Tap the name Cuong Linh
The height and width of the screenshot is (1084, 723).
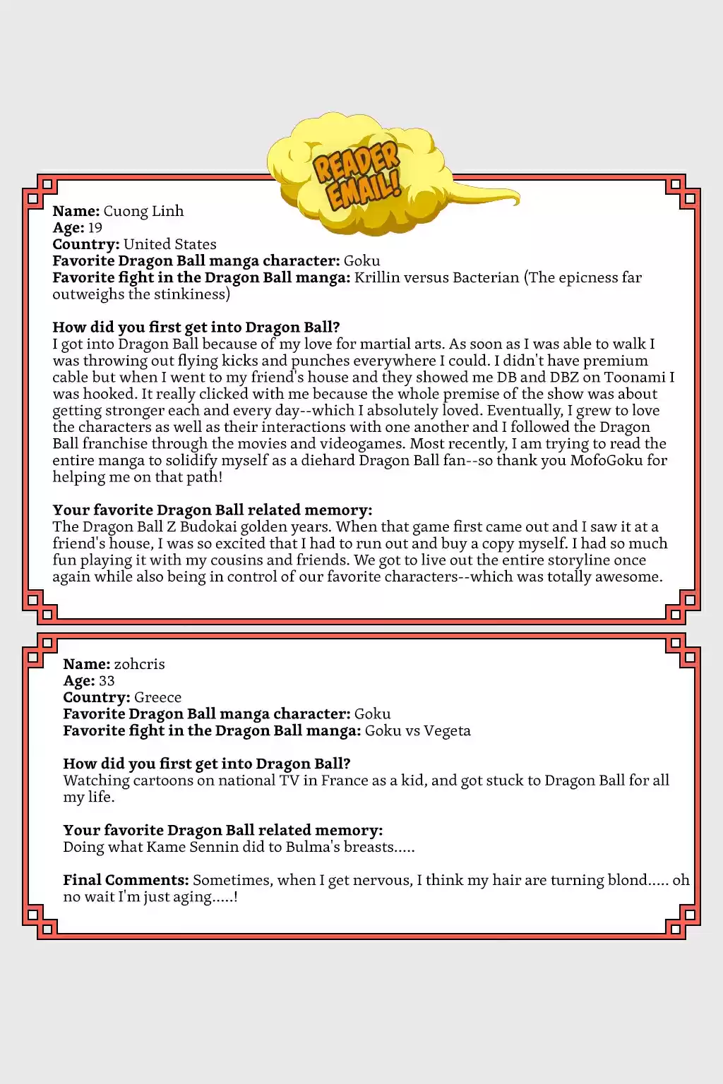tap(143, 211)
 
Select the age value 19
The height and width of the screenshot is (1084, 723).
tap(95, 228)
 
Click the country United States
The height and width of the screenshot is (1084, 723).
tap(169, 244)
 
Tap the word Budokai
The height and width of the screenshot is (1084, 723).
tap(219, 527)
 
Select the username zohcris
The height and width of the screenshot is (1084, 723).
tap(139, 664)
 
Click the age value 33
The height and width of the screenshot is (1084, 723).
tap(107, 681)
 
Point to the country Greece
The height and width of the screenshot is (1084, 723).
tap(157, 697)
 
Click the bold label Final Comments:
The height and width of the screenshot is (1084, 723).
tap(126, 880)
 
